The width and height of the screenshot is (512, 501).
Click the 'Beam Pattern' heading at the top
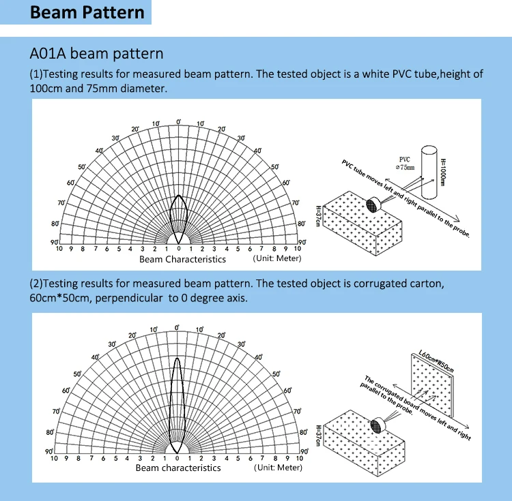pos(88,13)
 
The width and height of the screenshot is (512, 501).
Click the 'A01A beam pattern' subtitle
pos(96,53)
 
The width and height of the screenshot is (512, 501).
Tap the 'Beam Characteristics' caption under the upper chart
pos(182,259)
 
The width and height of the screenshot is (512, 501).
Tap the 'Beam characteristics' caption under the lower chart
pos(178,468)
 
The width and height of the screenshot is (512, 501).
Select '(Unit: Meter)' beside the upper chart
pos(277,258)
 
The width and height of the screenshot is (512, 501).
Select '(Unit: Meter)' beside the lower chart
pos(278,467)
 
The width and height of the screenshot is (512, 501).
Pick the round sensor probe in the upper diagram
pos(373,205)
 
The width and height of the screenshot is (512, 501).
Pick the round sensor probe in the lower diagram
pos(376,425)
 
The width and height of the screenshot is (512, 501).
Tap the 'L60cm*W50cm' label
pos(436,359)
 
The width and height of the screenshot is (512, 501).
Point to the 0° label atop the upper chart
pos(179,121)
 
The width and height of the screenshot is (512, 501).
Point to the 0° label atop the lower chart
pos(178,328)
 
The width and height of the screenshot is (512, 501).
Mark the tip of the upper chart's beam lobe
pos(179,195)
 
